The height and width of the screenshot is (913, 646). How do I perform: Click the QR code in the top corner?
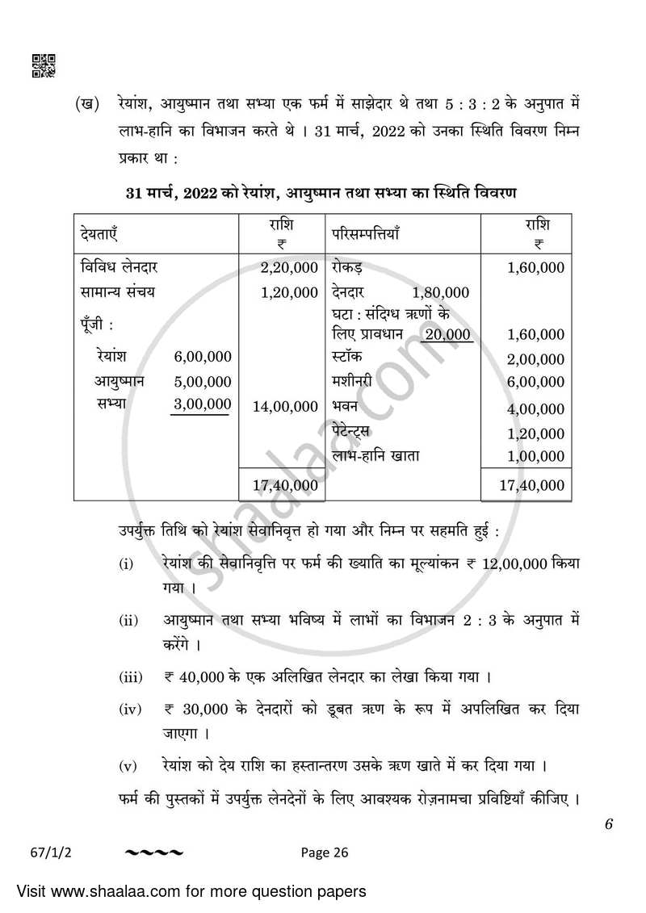click(43, 65)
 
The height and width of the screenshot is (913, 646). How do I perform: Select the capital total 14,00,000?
click(285, 407)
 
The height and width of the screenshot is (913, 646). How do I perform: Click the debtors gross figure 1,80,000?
click(440, 292)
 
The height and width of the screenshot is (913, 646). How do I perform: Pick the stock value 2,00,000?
click(535, 359)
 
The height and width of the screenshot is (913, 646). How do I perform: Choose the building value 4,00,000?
click(535, 409)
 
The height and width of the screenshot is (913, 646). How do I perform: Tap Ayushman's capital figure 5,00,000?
click(202, 381)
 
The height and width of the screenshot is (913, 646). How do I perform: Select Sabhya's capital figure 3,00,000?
click(202, 404)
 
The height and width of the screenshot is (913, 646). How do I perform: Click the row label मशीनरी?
click(352, 381)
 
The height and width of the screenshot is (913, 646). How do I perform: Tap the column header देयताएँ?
click(99, 234)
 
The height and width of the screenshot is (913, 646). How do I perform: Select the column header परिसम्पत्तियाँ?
click(365, 234)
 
